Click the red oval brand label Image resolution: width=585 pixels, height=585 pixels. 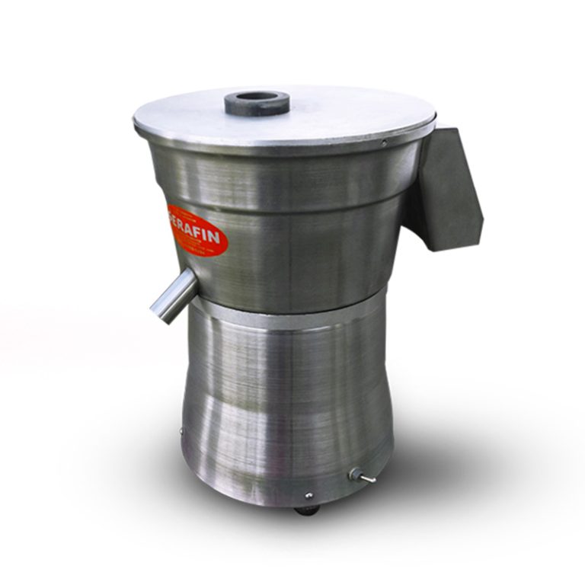[x=196, y=229]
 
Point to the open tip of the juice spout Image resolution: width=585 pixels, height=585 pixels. [x=161, y=312]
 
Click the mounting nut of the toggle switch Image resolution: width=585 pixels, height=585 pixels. [x=354, y=473]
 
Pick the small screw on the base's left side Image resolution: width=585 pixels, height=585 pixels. [x=181, y=432]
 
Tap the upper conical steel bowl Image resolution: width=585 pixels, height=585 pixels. [x=305, y=229]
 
